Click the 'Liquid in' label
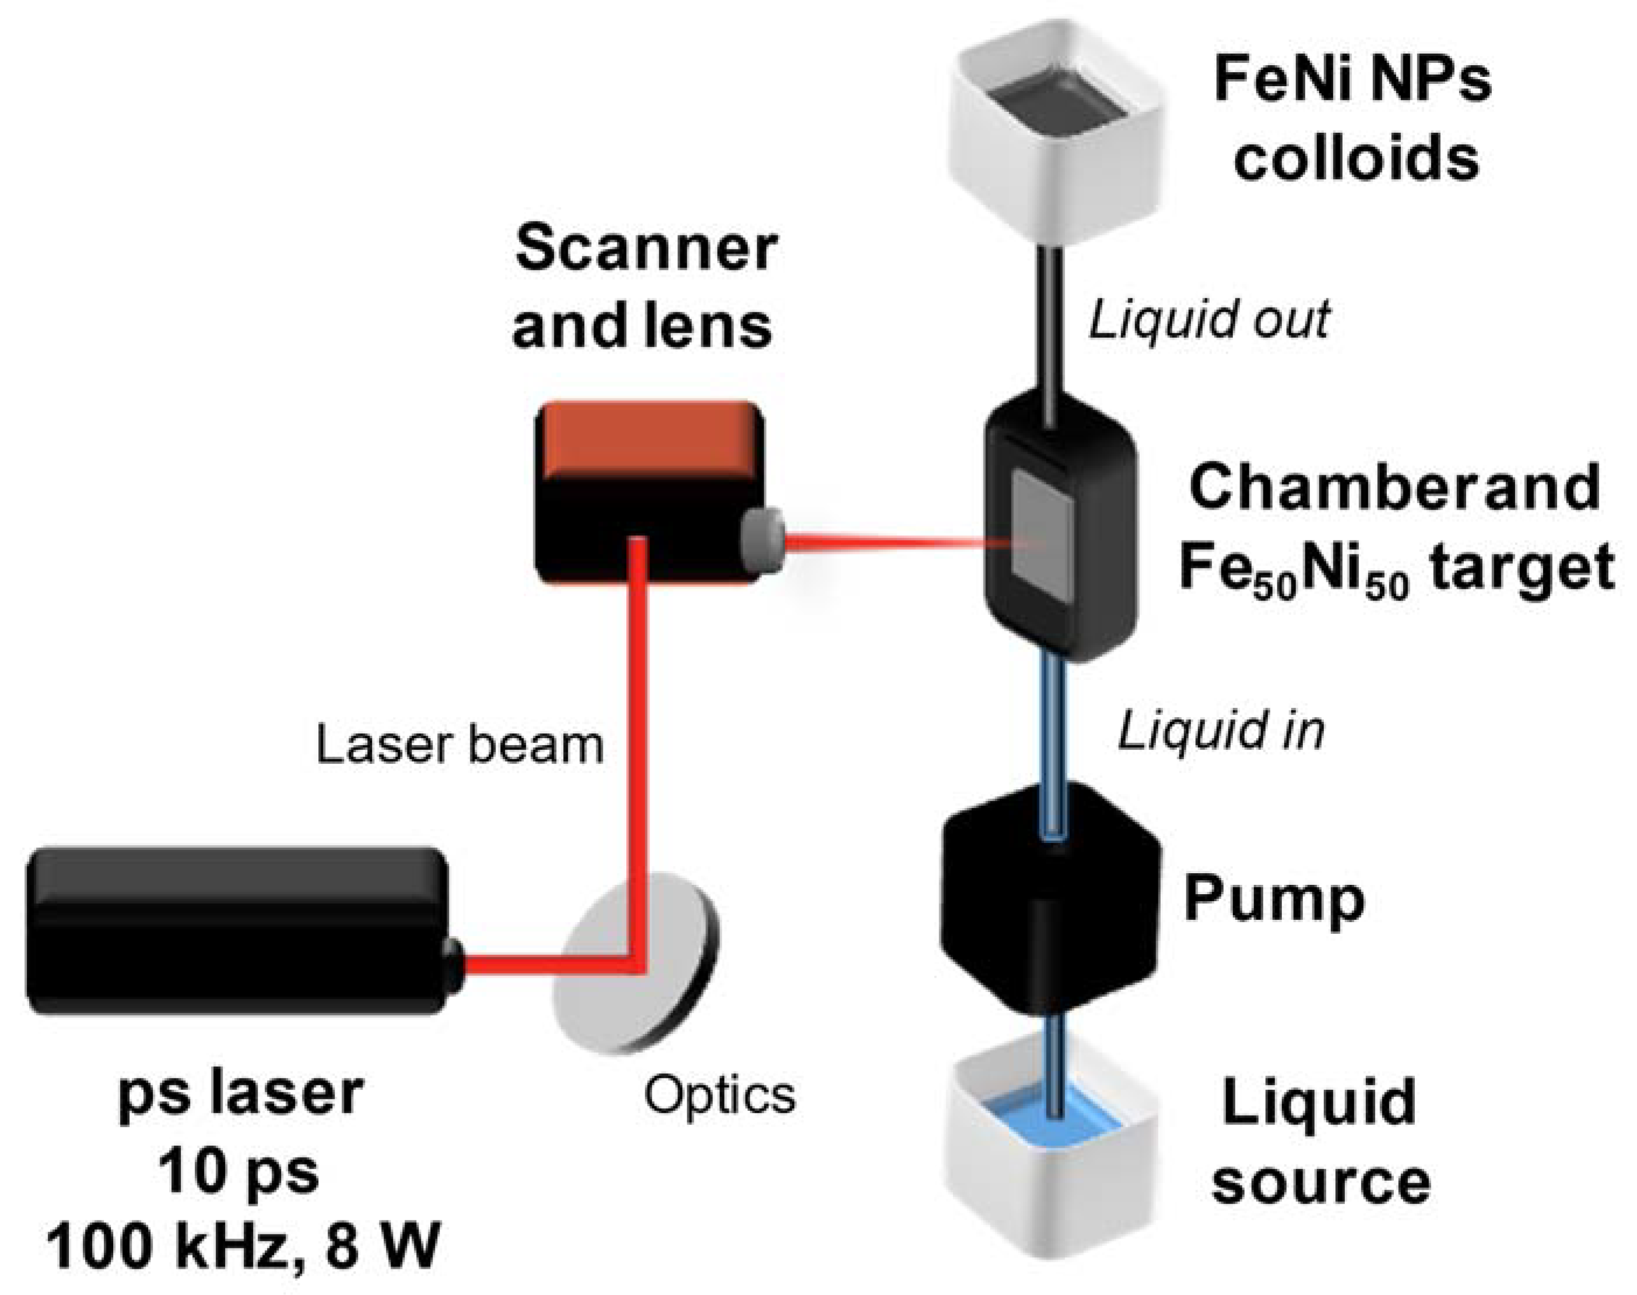1221,732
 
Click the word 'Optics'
720,1096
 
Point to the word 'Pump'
1274,900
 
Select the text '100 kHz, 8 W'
243,1247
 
